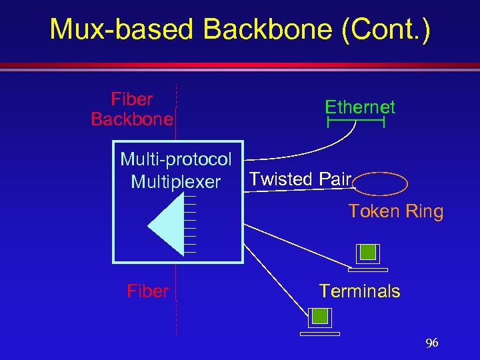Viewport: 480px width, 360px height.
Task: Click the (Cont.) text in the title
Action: [387, 29]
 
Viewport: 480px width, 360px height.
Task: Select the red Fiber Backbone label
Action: [132, 109]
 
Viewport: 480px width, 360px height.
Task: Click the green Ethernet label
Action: [360, 107]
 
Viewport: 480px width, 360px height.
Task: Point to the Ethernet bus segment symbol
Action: [356, 123]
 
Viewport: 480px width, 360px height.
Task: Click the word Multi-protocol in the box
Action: [176, 159]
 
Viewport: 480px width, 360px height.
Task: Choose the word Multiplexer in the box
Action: [176, 181]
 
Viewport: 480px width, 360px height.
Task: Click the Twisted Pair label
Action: [300, 179]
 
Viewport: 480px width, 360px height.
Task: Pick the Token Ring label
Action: [396, 212]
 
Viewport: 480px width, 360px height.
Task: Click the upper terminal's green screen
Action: [367, 253]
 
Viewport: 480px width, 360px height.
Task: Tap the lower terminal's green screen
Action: [320, 317]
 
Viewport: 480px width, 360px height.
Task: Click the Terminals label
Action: [359, 291]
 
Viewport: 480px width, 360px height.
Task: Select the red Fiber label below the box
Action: [147, 291]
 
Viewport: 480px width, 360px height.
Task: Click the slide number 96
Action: [432, 343]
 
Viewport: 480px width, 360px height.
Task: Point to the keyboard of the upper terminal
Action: [368, 270]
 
